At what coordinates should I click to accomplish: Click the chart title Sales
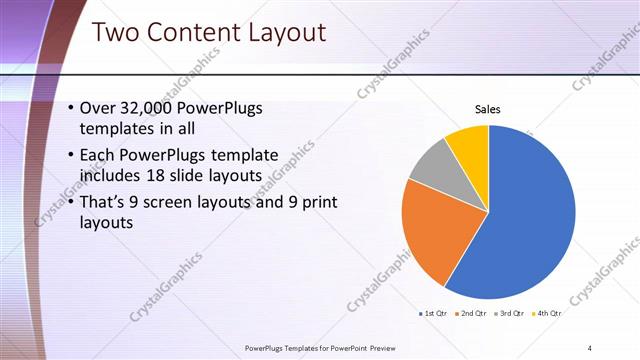[x=487, y=109]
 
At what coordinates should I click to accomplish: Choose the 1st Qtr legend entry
[x=434, y=314]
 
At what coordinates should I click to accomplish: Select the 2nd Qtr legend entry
[x=472, y=314]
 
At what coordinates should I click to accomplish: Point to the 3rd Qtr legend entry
[x=510, y=314]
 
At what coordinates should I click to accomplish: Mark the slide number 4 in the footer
[x=590, y=348]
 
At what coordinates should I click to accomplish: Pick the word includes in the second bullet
[x=108, y=176]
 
